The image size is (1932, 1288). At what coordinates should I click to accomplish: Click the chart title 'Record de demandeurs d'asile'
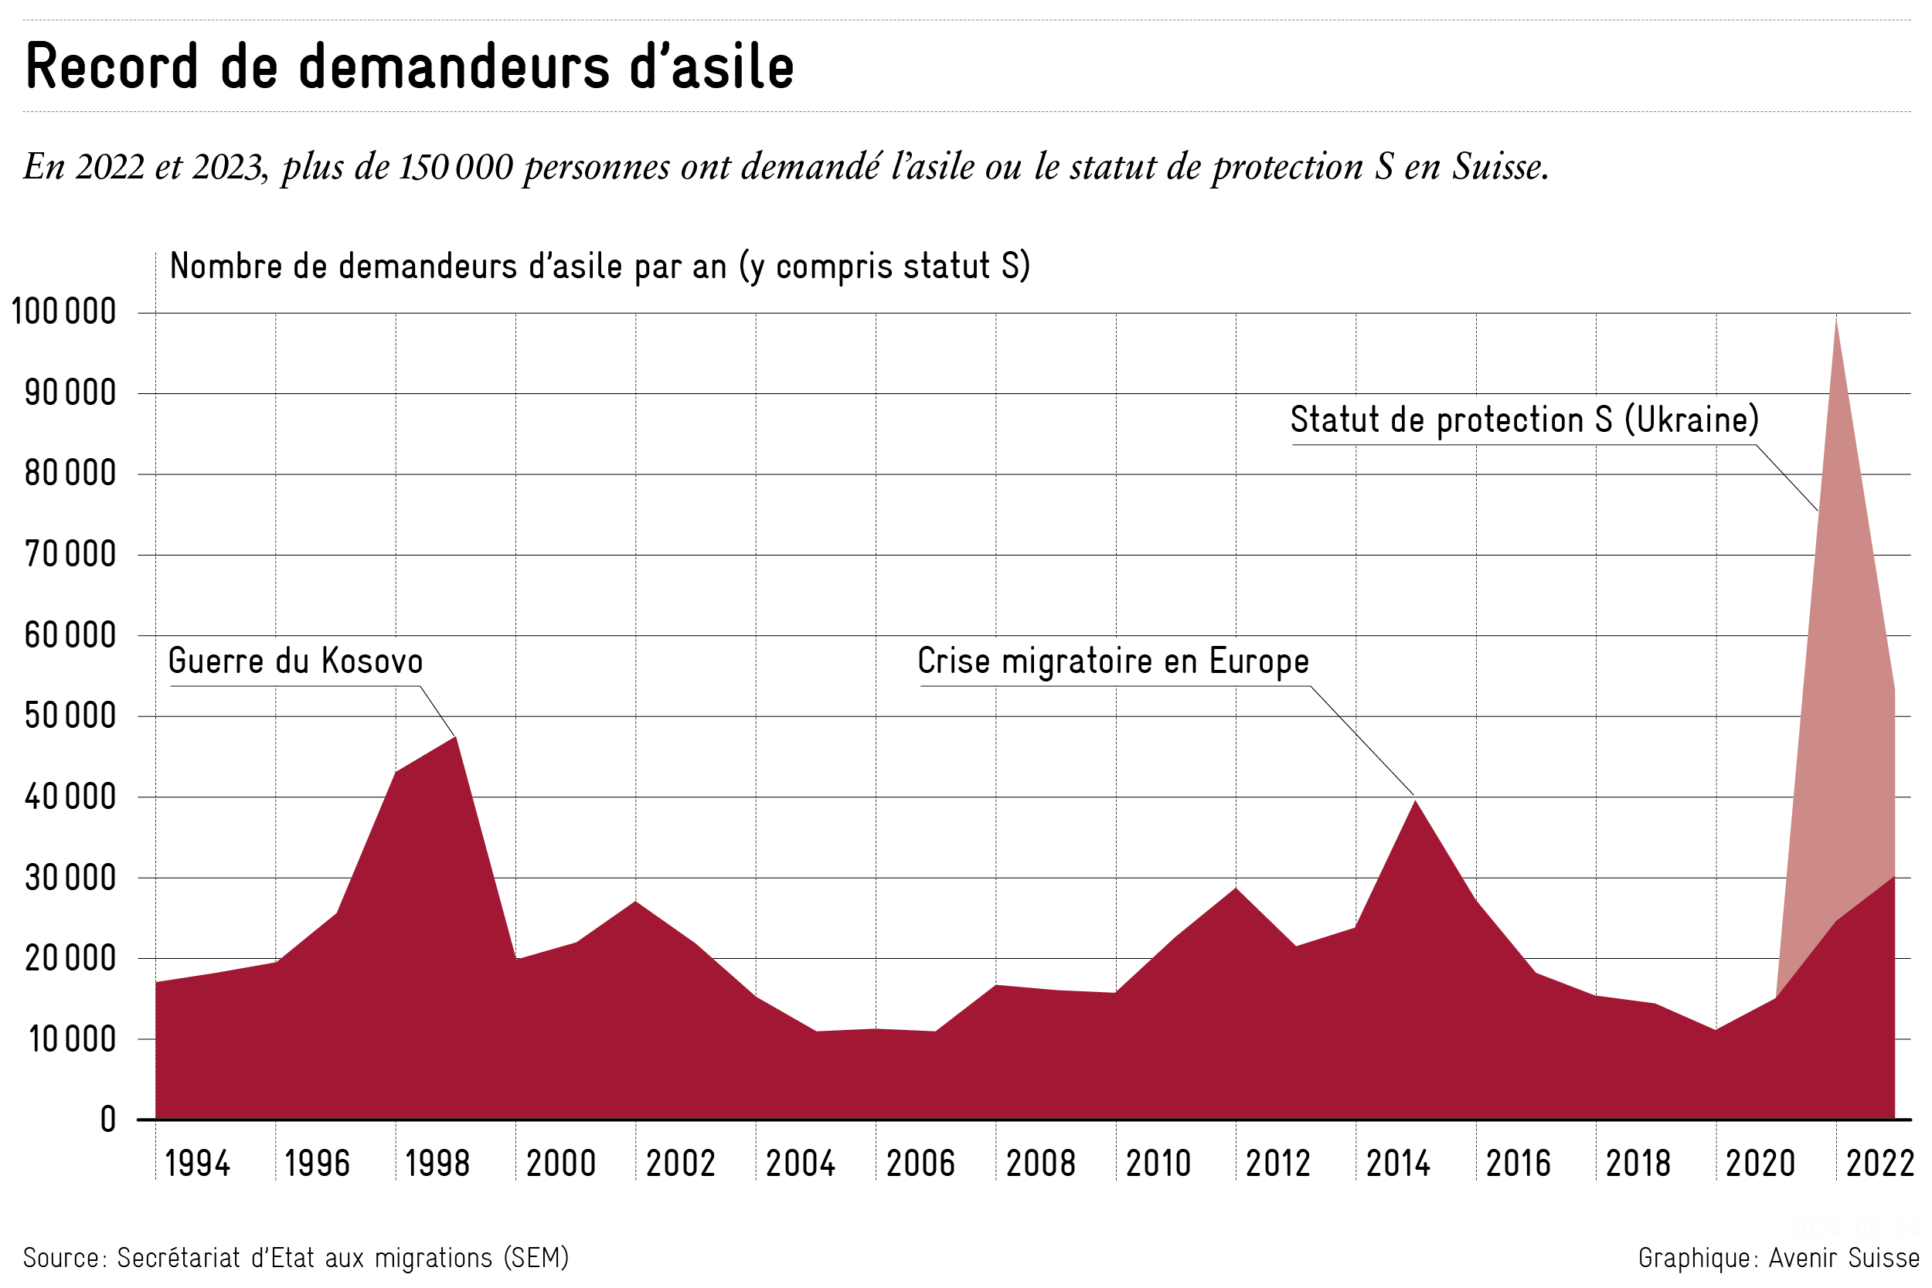click(410, 66)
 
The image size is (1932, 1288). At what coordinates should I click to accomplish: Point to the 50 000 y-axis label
click(70, 716)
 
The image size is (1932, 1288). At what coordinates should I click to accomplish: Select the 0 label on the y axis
click(107, 1120)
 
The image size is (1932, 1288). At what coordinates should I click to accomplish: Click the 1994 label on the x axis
click(197, 1164)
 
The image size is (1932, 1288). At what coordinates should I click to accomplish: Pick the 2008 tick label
click(1040, 1164)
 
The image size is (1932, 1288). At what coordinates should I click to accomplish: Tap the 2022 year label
click(1880, 1164)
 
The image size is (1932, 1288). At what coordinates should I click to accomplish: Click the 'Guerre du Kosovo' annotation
click(296, 661)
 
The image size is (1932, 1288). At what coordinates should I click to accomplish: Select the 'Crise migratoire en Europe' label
click(1113, 661)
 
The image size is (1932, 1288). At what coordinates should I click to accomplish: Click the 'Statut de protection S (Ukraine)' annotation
click(1525, 420)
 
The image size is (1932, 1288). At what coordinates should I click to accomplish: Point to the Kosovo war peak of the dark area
click(455, 737)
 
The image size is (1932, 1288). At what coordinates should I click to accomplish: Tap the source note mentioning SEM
click(296, 1258)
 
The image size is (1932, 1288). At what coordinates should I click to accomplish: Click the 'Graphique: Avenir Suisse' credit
click(1778, 1258)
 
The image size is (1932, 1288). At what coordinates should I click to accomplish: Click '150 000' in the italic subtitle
click(456, 167)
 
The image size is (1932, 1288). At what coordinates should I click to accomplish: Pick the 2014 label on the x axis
click(1398, 1164)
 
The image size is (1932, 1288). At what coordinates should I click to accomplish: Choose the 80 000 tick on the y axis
click(70, 474)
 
